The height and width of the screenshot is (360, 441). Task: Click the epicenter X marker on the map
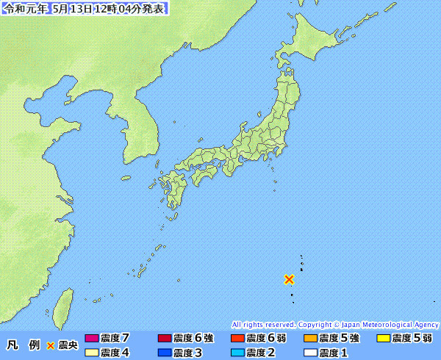(290, 279)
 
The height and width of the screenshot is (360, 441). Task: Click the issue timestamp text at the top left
(85, 9)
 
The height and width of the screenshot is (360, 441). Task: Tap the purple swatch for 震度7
(92, 338)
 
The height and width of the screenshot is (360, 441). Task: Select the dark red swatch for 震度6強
(165, 338)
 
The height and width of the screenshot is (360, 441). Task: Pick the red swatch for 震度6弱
(237, 338)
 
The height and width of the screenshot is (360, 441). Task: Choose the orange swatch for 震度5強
(310, 338)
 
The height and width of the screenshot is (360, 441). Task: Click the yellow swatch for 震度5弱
(383, 338)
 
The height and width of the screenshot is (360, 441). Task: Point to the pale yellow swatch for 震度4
(92, 353)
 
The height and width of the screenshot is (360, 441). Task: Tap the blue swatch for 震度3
(165, 353)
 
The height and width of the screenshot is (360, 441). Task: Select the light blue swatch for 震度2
(237, 353)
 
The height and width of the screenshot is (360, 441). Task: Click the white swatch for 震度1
(310, 353)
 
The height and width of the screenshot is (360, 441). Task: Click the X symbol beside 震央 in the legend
(51, 345)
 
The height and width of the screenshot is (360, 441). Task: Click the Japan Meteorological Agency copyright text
(335, 324)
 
